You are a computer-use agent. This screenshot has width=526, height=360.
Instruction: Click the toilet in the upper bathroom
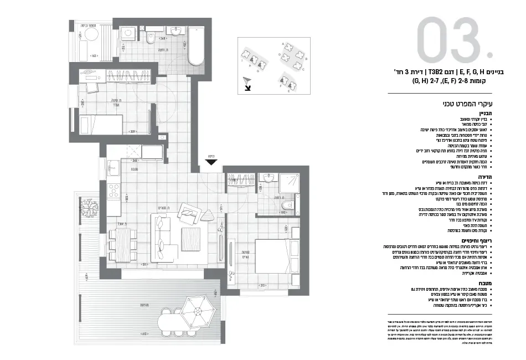[151, 39]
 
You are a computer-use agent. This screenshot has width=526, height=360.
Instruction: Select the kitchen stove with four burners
[114, 192]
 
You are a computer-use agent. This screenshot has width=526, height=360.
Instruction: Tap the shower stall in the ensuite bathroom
[288, 182]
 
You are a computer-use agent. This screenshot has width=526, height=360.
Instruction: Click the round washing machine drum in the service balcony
[90, 36]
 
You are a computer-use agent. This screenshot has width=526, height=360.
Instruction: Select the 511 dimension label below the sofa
[144, 265]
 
